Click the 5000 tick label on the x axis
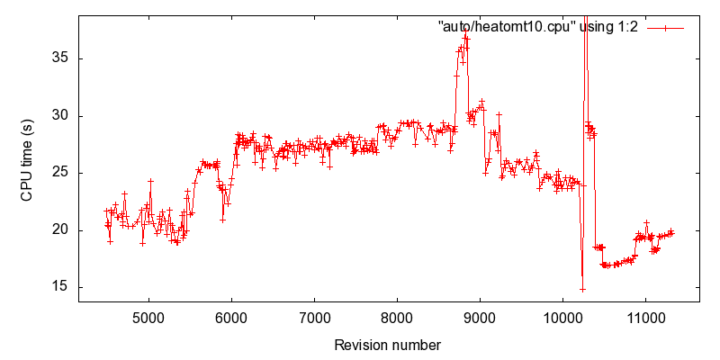[x=148, y=318]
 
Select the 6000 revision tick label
[x=231, y=318]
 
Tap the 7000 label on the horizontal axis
[x=314, y=318]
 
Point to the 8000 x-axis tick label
[x=397, y=318]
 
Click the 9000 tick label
[x=480, y=318]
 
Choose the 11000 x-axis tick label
[x=645, y=318]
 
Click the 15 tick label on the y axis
[x=61, y=287]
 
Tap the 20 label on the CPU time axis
[x=61, y=230]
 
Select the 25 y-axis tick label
[x=61, y=173]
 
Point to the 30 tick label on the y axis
[x=61, y=116]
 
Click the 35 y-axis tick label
[x=61, y=58]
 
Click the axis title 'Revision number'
[x=388, y=345]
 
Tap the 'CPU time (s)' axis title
[x=27, y=158]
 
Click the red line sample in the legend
[x=665, y=28]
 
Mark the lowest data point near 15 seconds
[x=582, y=290]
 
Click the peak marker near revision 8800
[x=465, y=31]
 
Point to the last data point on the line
[x=671, y=233]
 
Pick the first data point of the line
[x=106, y=211]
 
